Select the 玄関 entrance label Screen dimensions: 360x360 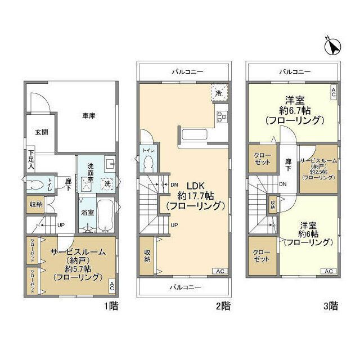(41, 133)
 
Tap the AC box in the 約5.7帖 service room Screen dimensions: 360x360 (111, 285)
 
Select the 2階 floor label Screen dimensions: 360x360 (222, 307)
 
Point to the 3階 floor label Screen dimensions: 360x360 (330, 307)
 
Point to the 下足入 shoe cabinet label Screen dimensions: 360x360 (31, 159)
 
